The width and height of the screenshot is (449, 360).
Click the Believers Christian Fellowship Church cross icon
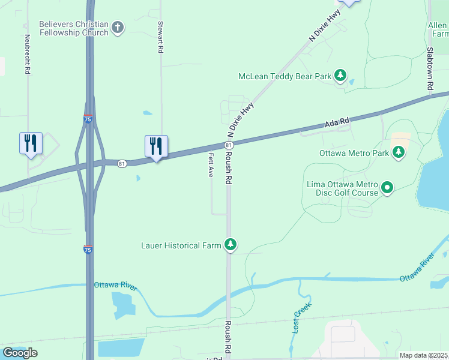point(118,28)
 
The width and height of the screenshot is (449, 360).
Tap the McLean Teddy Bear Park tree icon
point(341,76)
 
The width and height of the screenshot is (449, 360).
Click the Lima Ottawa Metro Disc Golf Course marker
point(388,188)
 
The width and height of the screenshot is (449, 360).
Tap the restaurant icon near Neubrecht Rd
point(31,143)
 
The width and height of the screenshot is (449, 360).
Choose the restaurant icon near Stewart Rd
point(156,146)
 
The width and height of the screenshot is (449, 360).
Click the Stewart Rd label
point(161,38)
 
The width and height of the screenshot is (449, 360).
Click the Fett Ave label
point(211,164)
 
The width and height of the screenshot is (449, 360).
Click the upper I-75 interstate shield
point(88,119)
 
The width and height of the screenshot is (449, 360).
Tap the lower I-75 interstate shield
point(88,250)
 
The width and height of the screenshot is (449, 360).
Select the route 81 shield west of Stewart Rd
point(122,164)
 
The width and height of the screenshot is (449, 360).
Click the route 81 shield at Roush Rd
point(229,145)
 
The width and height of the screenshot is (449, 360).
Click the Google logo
point(20,353)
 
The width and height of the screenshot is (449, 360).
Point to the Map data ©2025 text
point(424,355)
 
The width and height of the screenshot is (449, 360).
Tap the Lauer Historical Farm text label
point(181,245)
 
